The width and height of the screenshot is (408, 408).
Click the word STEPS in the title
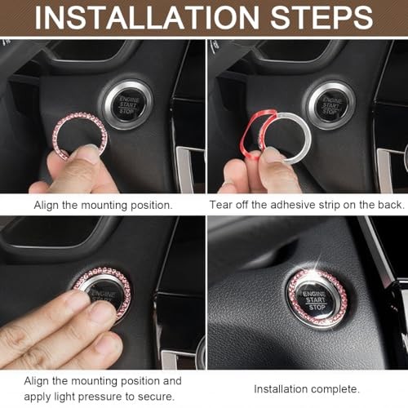click(326, 17)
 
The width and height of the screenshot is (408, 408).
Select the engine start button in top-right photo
click(330, 104)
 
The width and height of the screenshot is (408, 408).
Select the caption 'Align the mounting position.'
click(103, 205)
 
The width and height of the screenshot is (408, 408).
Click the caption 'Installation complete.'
click(305, 389)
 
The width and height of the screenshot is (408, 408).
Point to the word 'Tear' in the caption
click(222, 205)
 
